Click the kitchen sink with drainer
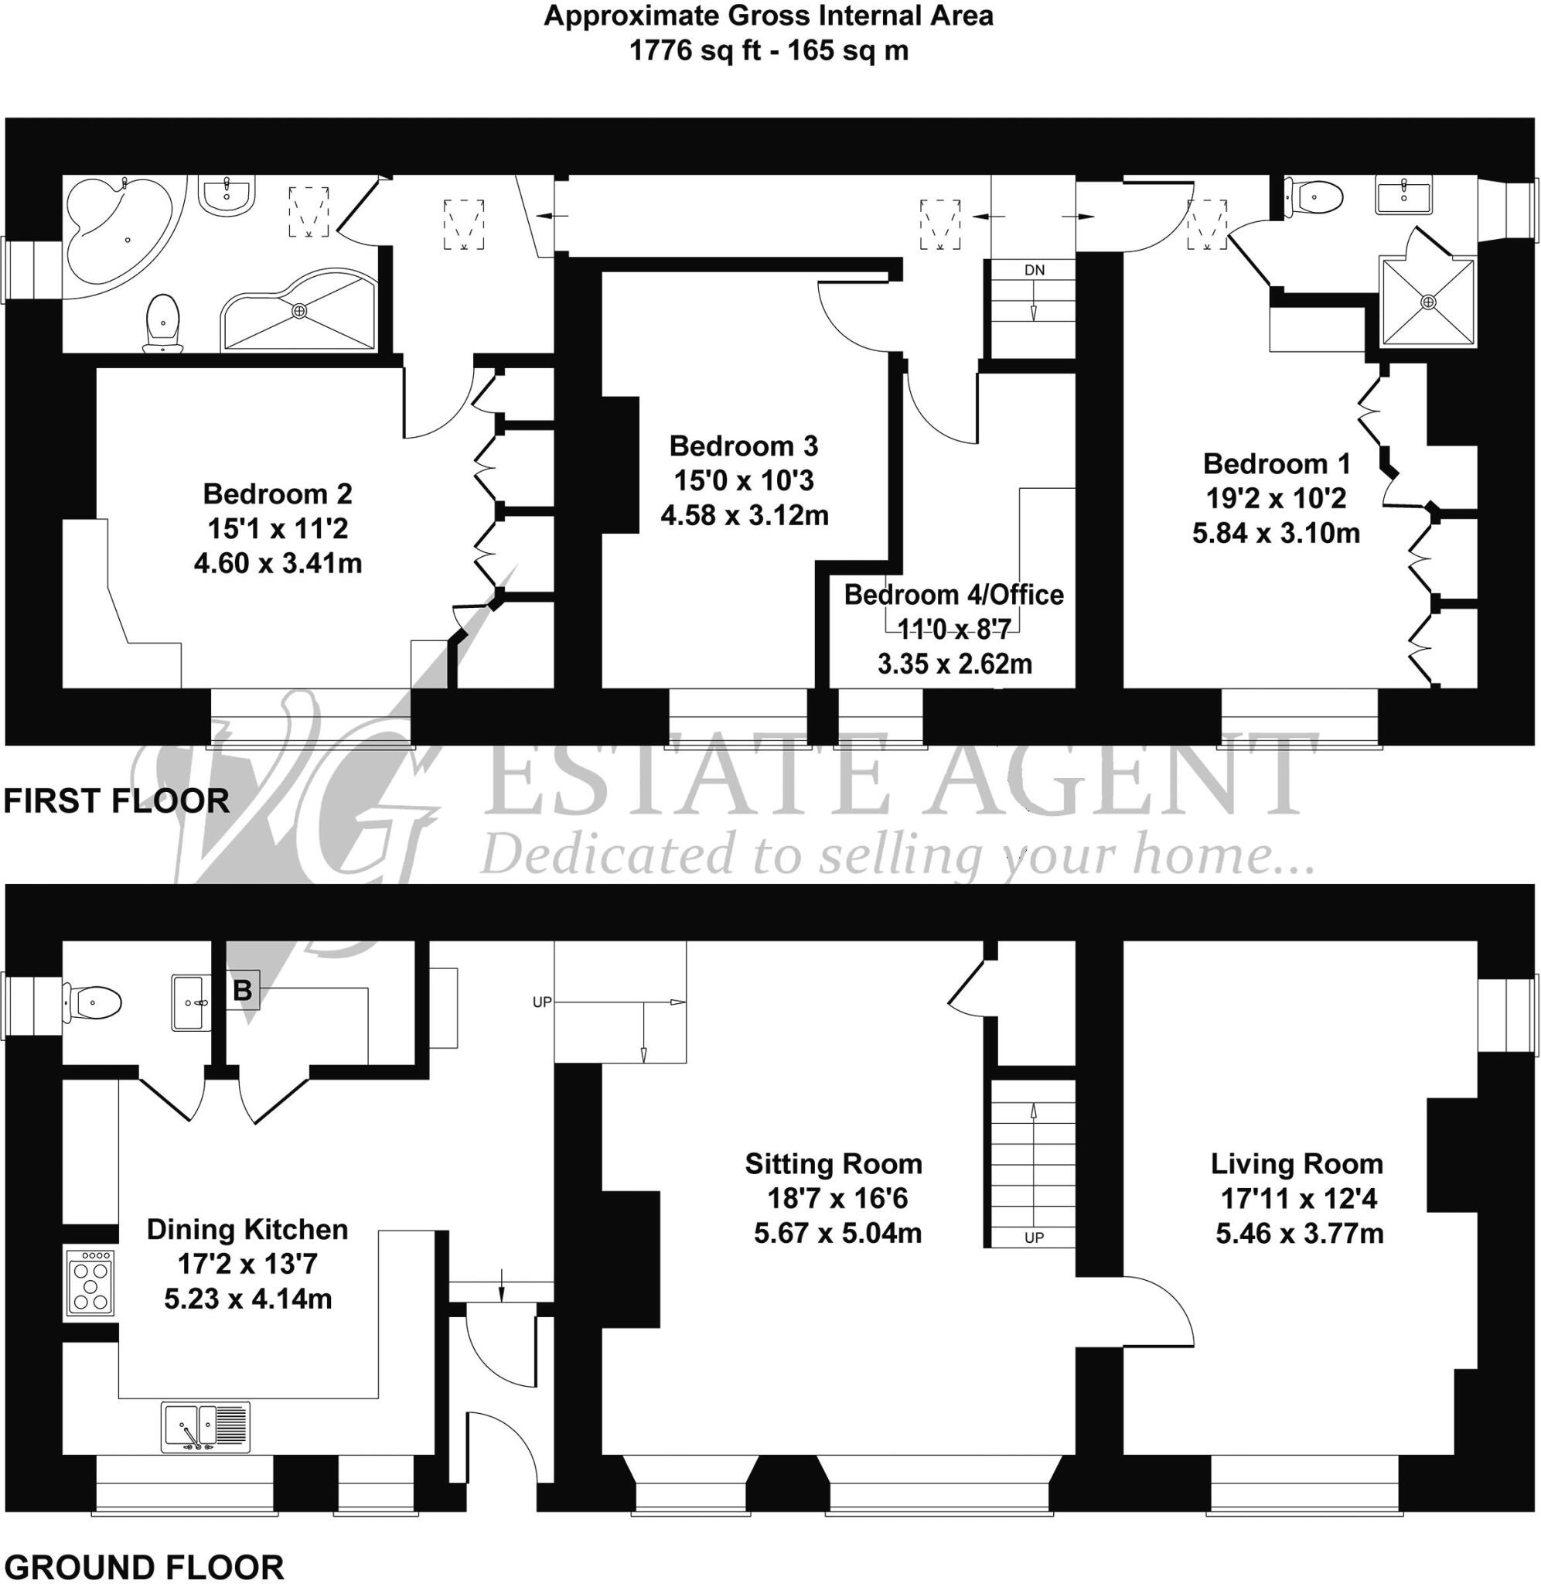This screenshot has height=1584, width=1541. tap(206, 1427)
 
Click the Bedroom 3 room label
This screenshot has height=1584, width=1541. tap(744, 446)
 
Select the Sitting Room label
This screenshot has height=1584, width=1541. tap(834, 1164)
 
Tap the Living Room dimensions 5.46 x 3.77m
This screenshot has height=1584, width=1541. tap(1299, 1234)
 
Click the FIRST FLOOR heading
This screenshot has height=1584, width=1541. tap(117, 801)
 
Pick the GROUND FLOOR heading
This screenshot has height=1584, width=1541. tap(144, 1567)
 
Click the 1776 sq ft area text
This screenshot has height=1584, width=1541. tap(695, 51)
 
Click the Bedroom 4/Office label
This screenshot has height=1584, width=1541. tap(953, 595)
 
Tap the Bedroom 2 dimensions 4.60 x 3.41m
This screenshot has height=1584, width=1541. tap(278, 563)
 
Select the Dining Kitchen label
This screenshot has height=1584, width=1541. tap(247, 1230)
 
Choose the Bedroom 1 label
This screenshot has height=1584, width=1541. tap(1277, 464)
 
